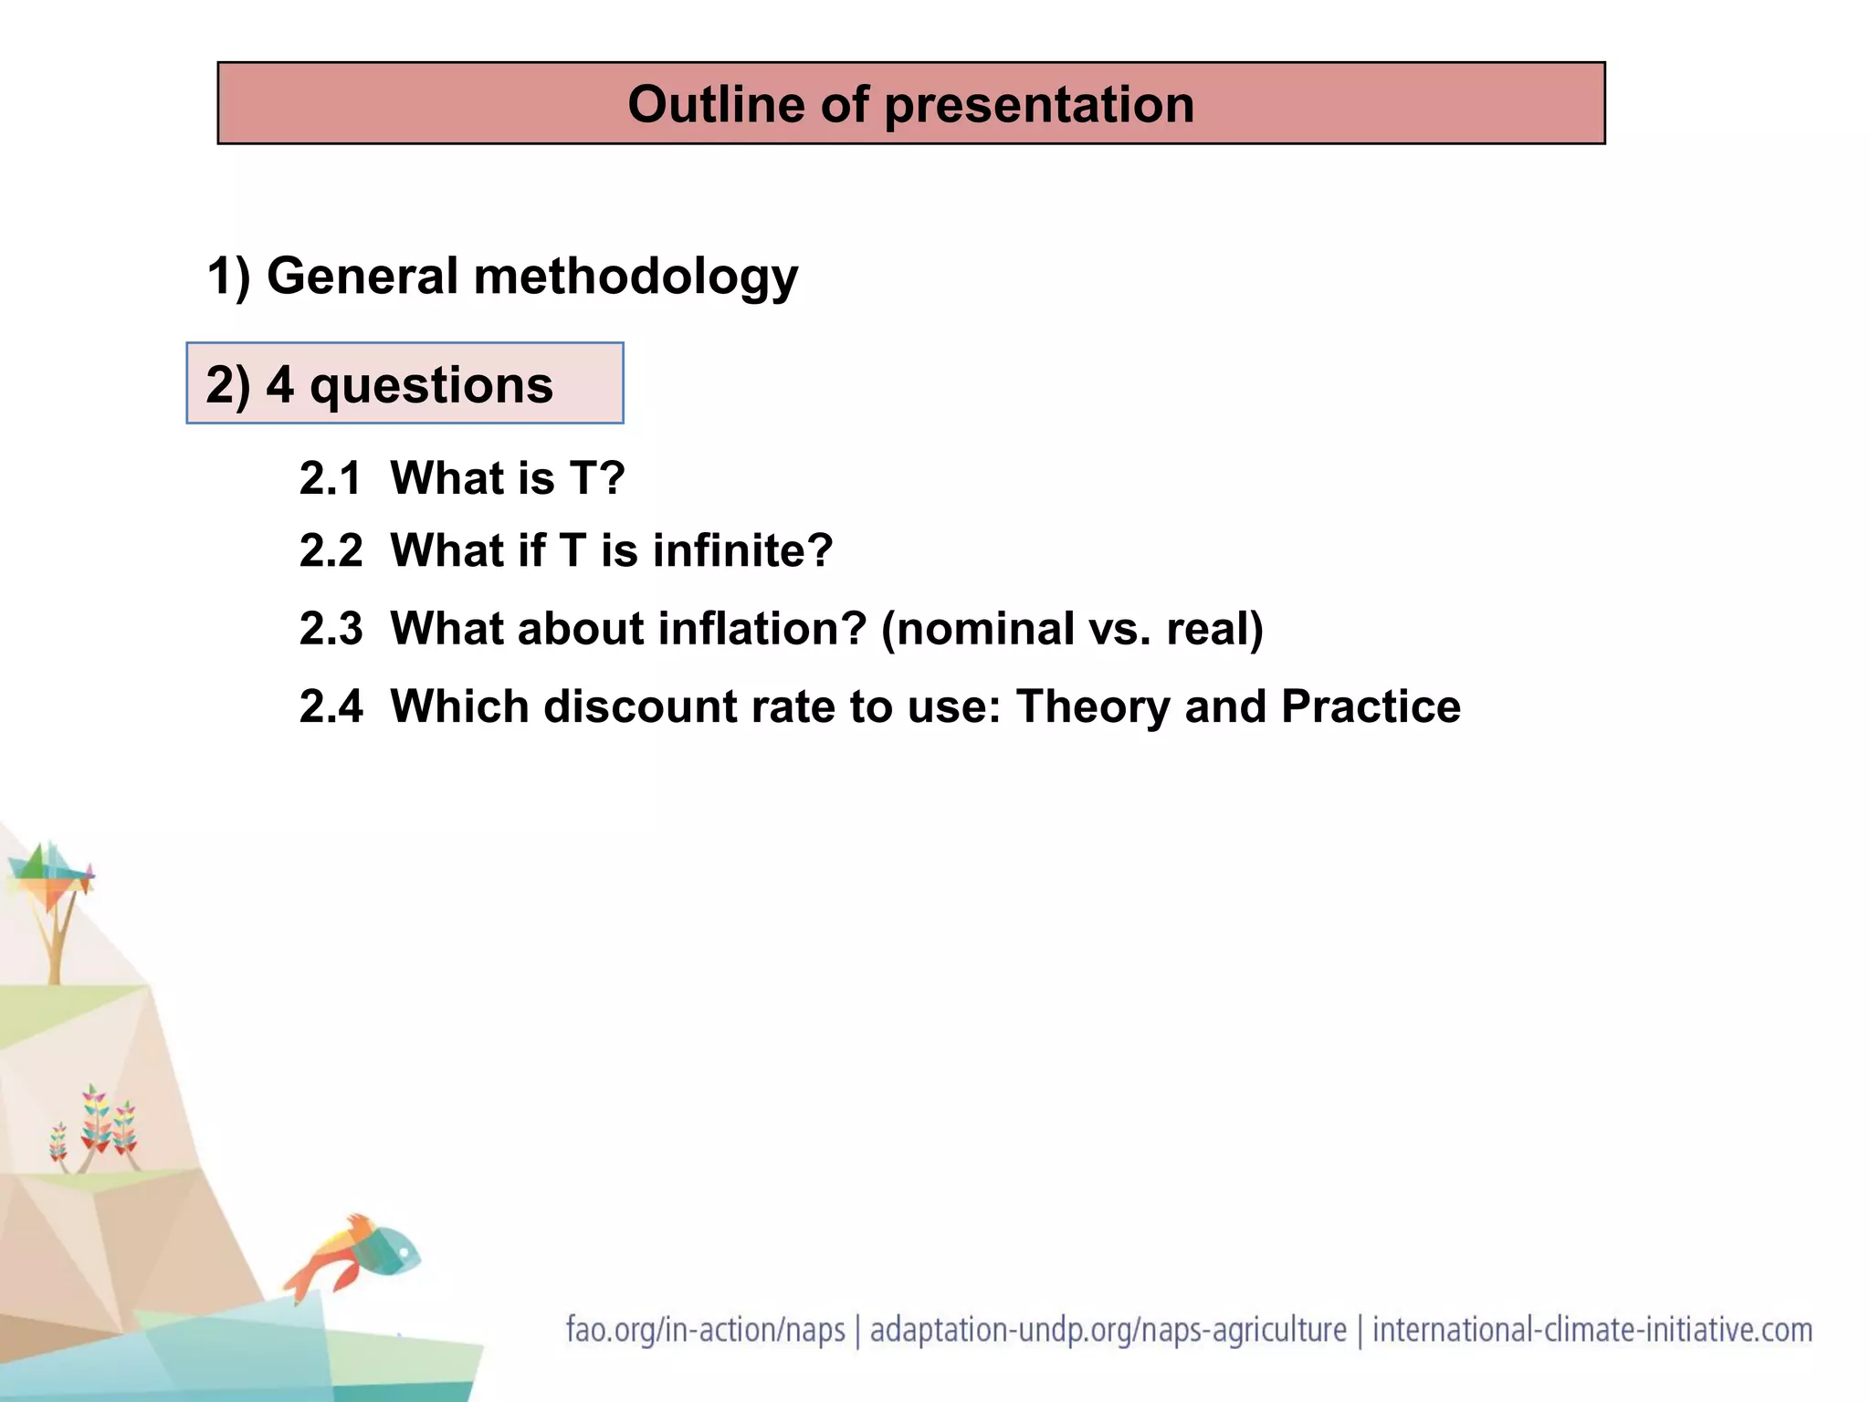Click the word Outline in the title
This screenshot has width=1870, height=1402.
tap(715, 104)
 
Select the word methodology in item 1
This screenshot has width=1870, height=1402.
tap(636, 277)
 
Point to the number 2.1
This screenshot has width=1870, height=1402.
tap(330, 478)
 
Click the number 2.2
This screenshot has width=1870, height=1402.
tap(331, 551)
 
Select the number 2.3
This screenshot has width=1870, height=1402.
tap(331, 629)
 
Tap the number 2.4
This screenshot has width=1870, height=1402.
tap(331, 706)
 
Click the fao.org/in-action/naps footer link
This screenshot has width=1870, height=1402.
tap(705, 1330)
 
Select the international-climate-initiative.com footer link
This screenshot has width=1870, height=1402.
tap(1592, 1330)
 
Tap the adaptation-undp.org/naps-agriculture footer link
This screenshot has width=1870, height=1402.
tap(1108, 1330)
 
